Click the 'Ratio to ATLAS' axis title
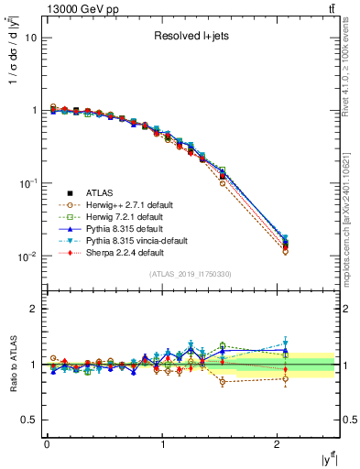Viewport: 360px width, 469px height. click(12, 365)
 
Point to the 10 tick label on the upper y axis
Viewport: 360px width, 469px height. click(30, 38)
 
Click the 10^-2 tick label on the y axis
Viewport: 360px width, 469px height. click(27, 256)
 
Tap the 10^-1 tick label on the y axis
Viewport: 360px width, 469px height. click(27, 183)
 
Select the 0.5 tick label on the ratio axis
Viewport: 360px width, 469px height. click(29, 420)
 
